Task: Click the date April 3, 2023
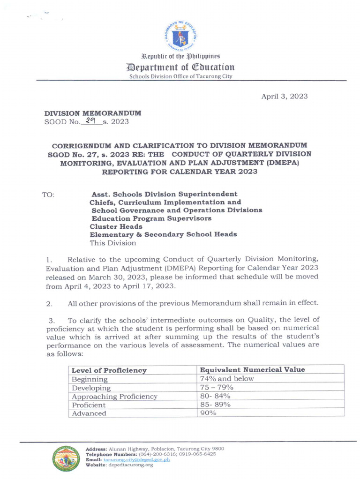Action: point(285,96)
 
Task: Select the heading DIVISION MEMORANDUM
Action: point(93,113)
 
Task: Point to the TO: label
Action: point(49,194)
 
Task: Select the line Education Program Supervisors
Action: point(151,218)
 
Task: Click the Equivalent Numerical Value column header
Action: point(252,370)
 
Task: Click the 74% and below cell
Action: point(227,379)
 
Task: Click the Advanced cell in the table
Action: point(89,413)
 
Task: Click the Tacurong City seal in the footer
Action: point(66,458)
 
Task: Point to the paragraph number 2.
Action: point(49,304)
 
